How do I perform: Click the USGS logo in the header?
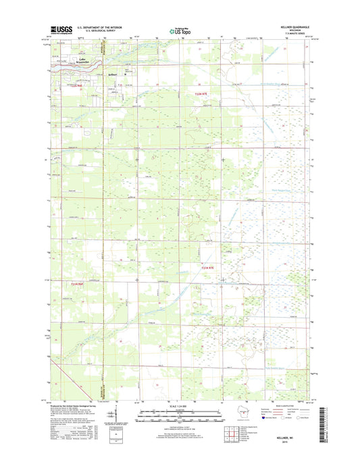61,30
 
